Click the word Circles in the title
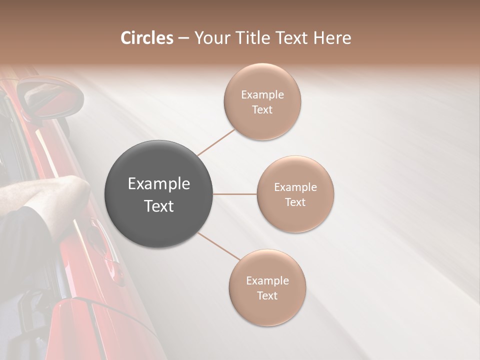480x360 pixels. pos(146,38)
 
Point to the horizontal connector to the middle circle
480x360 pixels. pos(235,193)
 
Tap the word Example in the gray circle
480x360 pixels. pos(158,184)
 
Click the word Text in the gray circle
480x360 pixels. pos(158,206)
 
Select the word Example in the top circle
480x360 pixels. pos(262,95)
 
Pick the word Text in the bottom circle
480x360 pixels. pos(267,295)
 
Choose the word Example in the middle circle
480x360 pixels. pos(295,187)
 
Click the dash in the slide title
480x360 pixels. pos(183,38)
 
